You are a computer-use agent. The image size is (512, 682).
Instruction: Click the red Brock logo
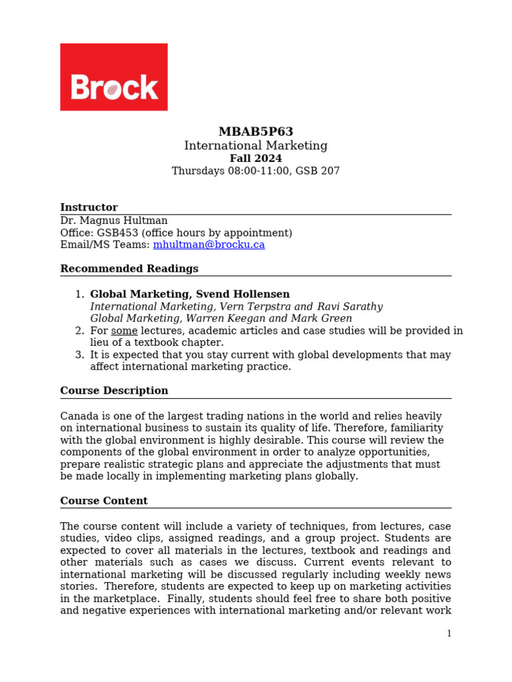pos(113,77)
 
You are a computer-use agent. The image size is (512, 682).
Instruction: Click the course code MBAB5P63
pos(255,132)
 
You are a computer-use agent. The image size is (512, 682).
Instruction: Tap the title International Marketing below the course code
pos(255,145)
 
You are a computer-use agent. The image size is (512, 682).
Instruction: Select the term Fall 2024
pos(255,159)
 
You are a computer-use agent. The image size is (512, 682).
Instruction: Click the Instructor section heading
pos(89,207)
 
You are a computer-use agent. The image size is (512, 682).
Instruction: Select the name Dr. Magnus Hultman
pos(114,220)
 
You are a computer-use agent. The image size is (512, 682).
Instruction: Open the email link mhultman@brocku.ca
pos(209,244)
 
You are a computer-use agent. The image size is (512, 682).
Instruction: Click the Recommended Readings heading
pos(129,268)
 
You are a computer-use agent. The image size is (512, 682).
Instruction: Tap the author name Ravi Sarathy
pos(349,306)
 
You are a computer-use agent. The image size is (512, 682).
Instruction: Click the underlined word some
pos(124,331)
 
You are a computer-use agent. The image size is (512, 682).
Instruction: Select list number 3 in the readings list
pos(79,355)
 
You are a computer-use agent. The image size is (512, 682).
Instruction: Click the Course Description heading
pos(114,390)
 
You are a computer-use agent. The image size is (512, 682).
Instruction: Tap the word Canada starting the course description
pos(79,416)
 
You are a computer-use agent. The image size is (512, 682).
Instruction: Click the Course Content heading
pos(104,501)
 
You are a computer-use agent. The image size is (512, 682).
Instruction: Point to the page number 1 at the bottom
pos(449,633)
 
